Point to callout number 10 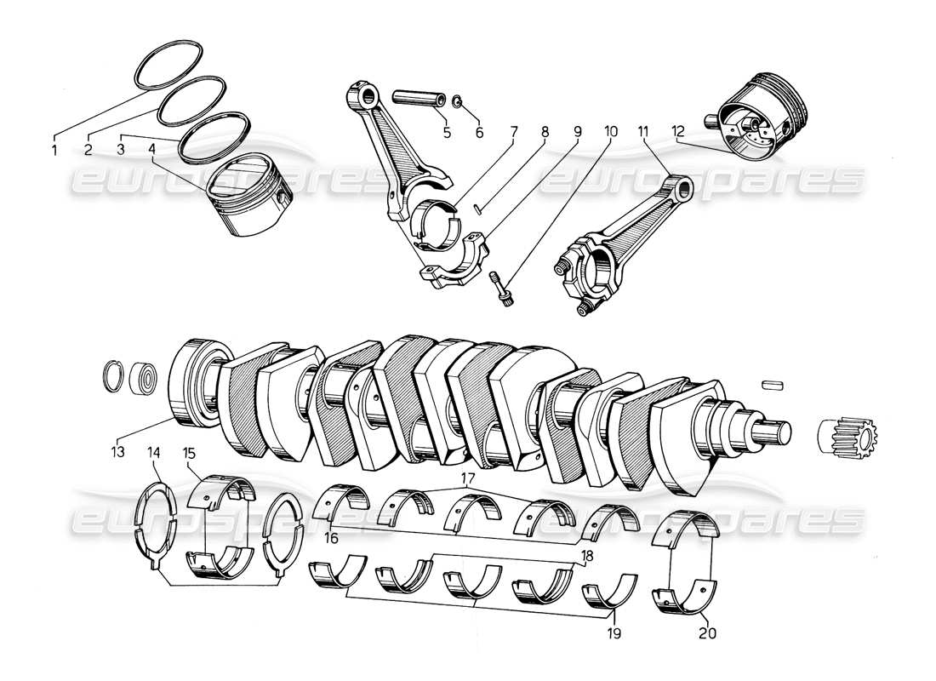coord(609,132)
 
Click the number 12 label coord(677,132)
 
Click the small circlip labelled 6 coord(458,104)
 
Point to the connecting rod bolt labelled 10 coord(502,290)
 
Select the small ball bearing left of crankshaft coord(143,377)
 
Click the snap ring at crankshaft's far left coord(113,375)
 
